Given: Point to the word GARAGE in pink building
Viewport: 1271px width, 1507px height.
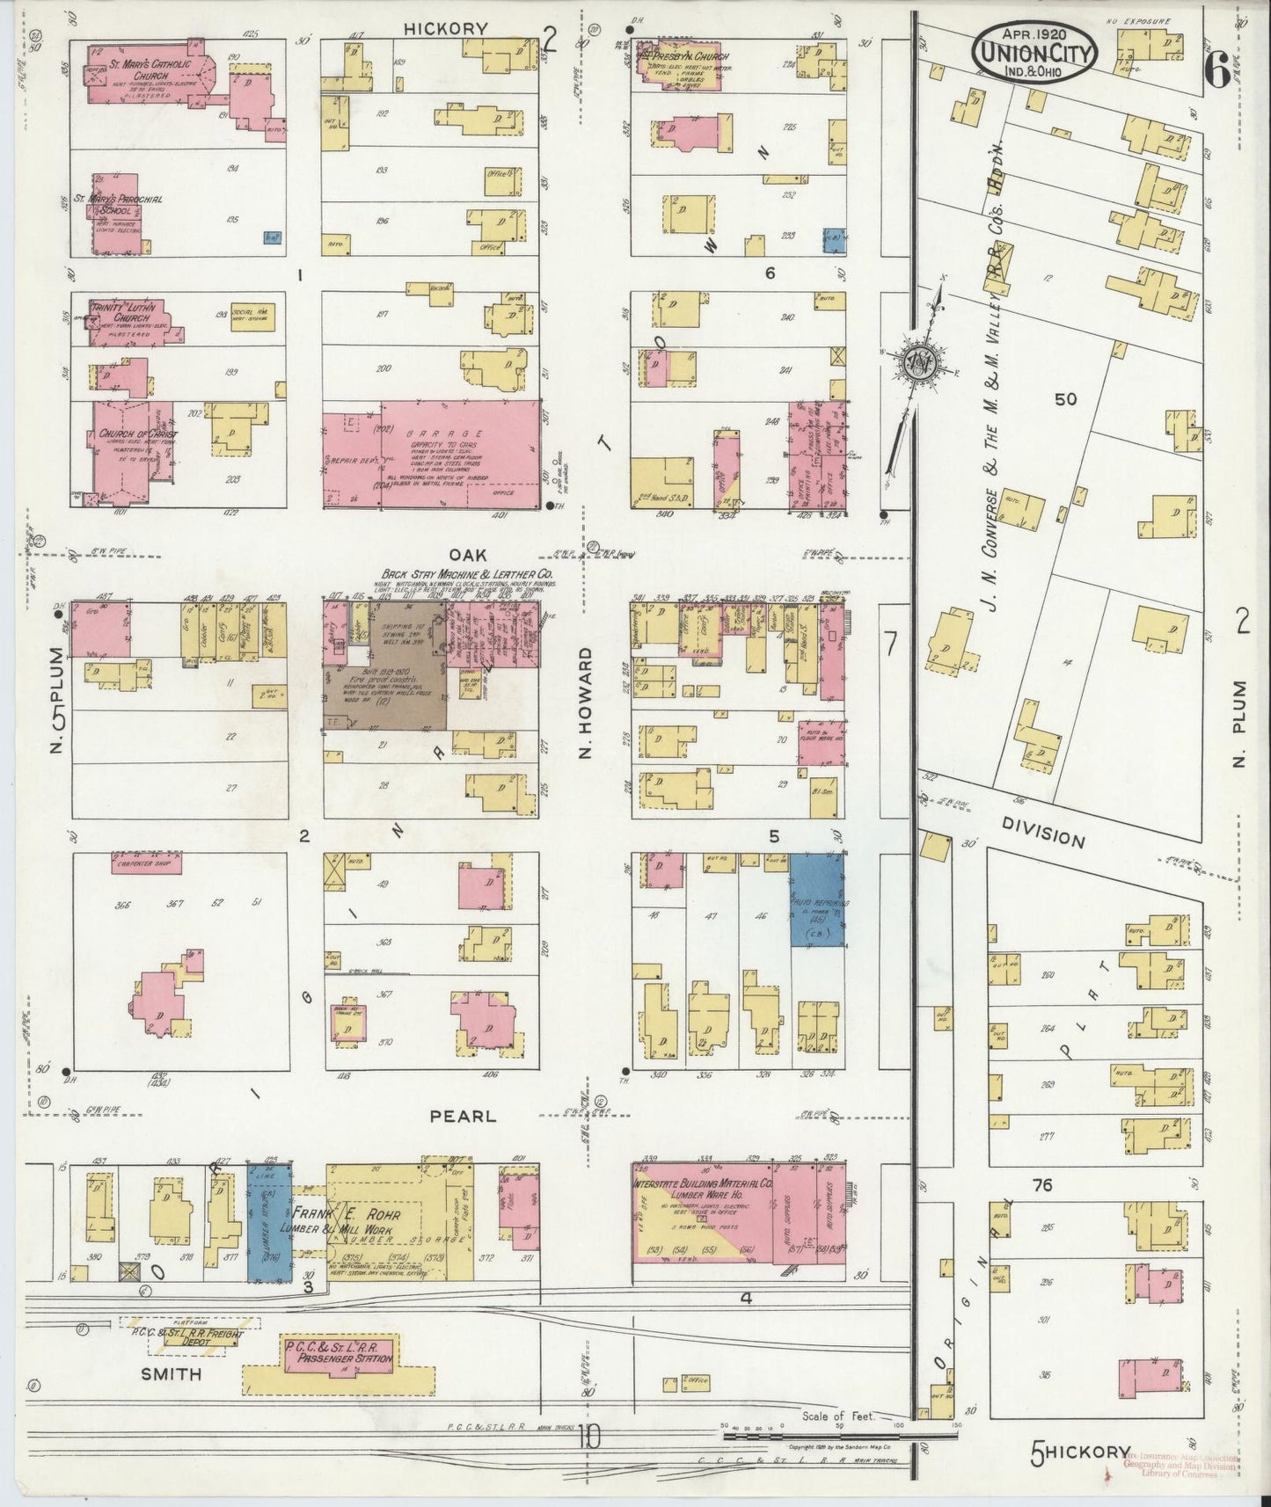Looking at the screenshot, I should pyautogui.click(x=457, y=433).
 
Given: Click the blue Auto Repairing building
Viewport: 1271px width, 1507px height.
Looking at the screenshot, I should pyautogui.click(x=817, y=901).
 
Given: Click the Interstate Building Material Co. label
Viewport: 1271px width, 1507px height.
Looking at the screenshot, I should pyautogui.click(x=701, y=1189).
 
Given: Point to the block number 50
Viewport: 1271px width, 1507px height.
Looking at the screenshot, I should pyautogui.click(x=1065, y=399).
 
